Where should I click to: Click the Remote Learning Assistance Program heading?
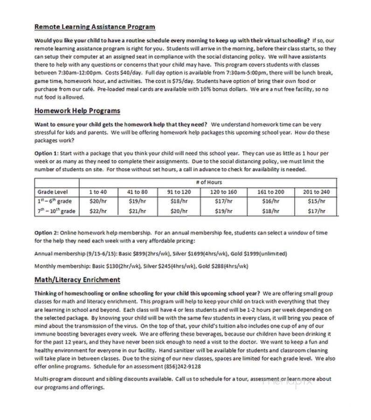[x=95, y=27]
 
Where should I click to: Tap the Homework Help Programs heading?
[x=77, y=111]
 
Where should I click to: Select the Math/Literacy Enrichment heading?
[x=77, y=280]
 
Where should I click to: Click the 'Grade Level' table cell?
[x=53, y=192]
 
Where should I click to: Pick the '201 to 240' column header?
[x=316, y=192]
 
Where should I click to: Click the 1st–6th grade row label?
[x=55, y=202]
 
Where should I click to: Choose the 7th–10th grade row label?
[x=55, y=211]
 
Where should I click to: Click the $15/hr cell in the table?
[x=316, y=202]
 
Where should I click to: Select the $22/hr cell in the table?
[x=98, y=211]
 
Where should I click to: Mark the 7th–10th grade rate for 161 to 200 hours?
[x=270, y=211]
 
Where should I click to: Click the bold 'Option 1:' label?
[x=47, y=153]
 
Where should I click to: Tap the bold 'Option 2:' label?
[x=47, y=232]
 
